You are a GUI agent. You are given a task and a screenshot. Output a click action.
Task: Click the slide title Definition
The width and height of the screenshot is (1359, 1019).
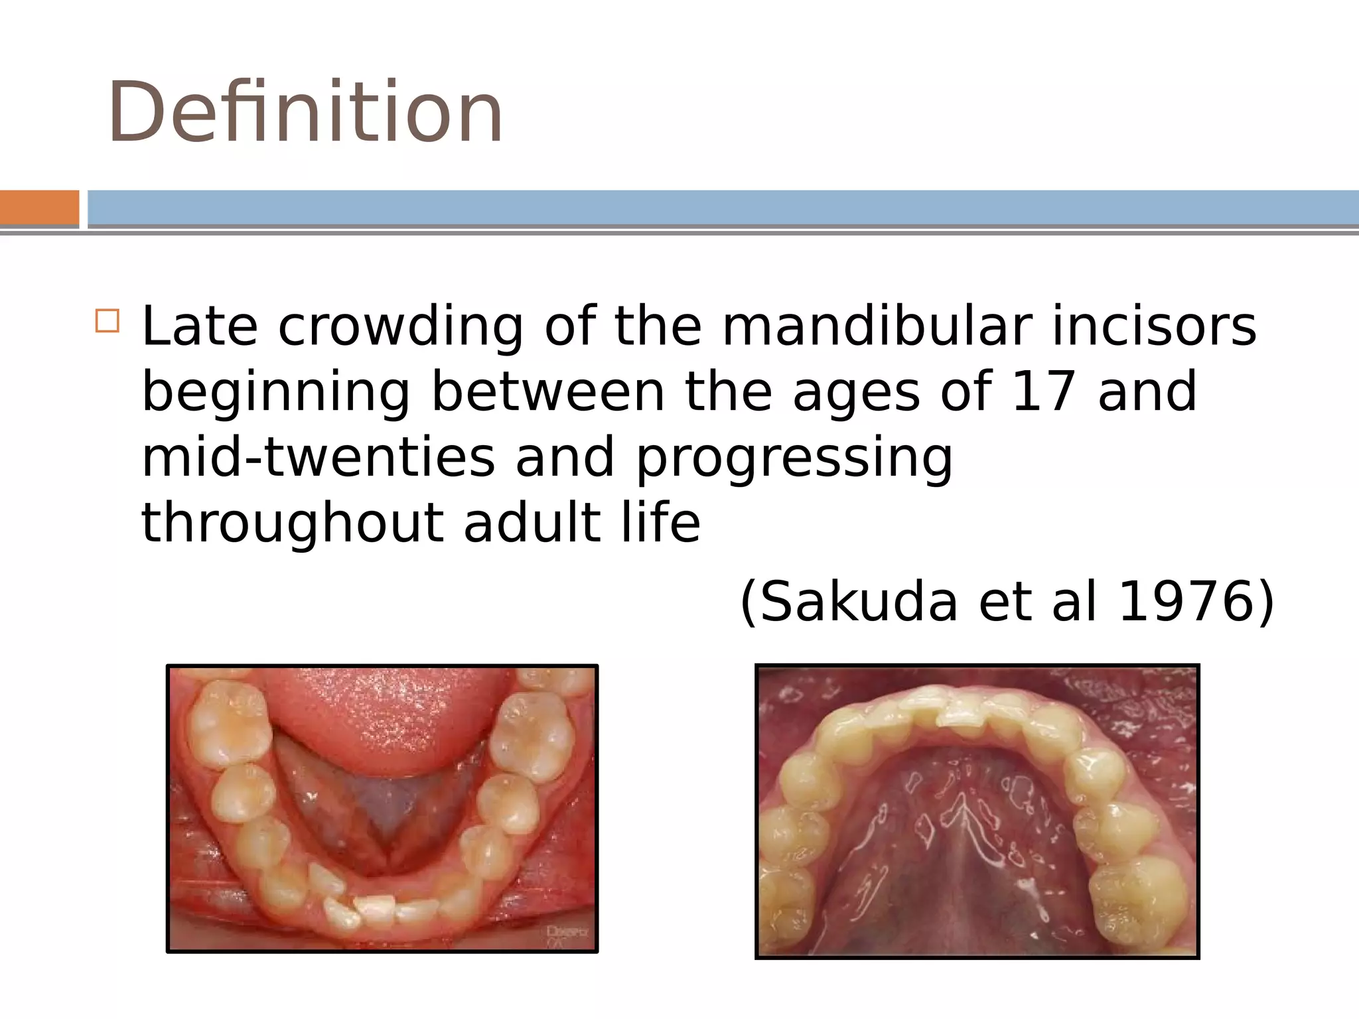[x=305, y=111]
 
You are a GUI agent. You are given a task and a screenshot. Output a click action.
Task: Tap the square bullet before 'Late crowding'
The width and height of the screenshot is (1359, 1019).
[x=107, y=320]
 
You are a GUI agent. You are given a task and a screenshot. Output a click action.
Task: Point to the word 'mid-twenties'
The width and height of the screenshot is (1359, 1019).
[x=318, y=457]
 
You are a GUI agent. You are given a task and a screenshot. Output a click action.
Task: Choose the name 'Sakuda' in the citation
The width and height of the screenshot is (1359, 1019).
[x=859, y=602]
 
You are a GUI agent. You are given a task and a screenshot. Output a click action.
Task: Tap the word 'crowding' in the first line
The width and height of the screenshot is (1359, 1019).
[x=401, y=328]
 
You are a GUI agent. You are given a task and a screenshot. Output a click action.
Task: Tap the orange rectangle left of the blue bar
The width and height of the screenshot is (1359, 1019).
[x=39, y=208]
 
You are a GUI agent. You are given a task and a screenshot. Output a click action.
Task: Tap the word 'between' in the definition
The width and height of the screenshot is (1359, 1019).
[x=547, y=391]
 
